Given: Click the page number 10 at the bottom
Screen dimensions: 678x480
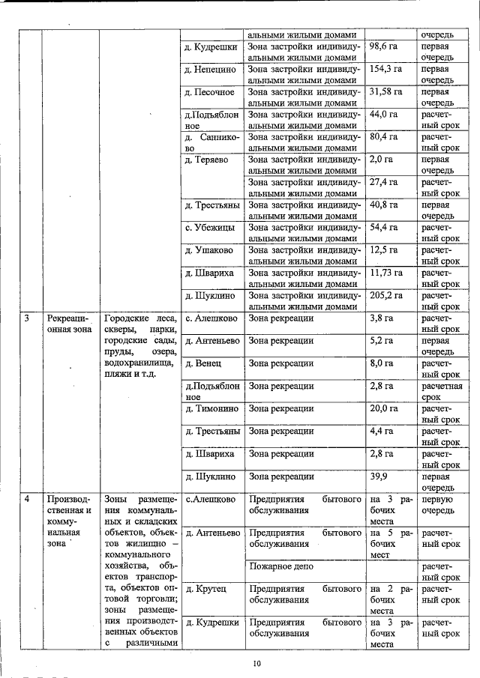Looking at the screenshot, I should [x=256, y=663].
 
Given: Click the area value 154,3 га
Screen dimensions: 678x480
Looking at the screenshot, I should [x=387, y=69].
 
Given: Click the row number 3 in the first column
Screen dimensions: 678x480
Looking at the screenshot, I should [x=26, y=318].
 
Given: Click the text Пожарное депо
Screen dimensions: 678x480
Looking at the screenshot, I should [x=280, y=567].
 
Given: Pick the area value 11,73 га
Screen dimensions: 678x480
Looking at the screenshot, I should [x=387, y=273].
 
